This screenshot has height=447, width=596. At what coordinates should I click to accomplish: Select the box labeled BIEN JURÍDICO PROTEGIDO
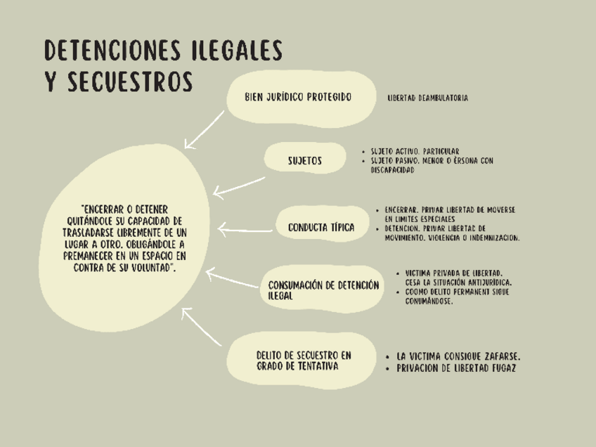tap(298, 98)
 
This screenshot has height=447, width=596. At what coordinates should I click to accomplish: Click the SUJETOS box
tap(305, 161)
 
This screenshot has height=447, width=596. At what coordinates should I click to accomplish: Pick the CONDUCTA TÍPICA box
tap(321, 228)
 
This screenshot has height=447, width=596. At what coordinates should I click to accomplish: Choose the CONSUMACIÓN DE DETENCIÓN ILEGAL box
tap(323, 290)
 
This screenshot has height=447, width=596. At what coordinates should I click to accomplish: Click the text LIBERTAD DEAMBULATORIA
tap(427, 98)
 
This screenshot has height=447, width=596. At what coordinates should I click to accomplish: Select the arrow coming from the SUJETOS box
tap(239, 186)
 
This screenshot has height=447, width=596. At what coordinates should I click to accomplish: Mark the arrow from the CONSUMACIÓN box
tap(232, 279)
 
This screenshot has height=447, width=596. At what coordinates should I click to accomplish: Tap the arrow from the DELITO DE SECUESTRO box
tap(202, 327)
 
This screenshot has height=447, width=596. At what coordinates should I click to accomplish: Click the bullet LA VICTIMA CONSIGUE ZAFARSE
tap(458, 356)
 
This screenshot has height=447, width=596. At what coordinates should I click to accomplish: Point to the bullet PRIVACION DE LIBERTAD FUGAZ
tap(456, 368)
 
